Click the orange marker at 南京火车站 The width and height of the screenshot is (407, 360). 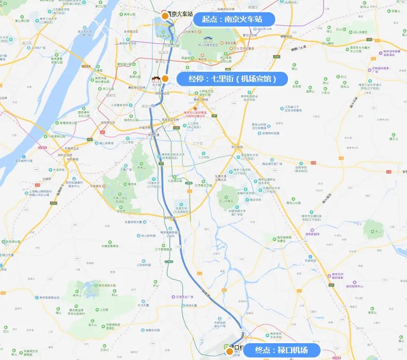tap(165, 16)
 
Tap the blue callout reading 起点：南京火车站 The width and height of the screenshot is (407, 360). tap(235, 19)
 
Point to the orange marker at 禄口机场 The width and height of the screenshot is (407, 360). tap(230, 351)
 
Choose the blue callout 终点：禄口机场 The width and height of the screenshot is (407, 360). tap(282, 350)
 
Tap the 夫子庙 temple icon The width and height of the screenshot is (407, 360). tap(156, 79)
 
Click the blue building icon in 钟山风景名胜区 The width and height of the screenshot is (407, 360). tap(208, 39)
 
